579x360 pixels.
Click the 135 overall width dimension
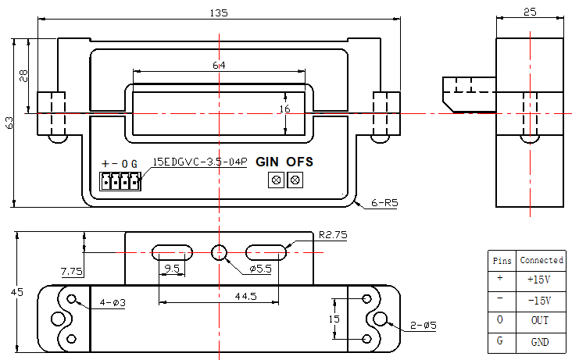[219, 13]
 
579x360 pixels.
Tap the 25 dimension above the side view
[530, 12]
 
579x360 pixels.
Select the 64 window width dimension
[219, 66]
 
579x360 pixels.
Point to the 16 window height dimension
[284, 109]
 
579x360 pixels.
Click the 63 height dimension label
[9, 123]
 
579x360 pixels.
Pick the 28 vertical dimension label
[23, 76]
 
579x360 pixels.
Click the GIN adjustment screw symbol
[276, 180]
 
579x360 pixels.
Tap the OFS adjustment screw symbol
[295, 180]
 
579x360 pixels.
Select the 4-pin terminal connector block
[120, 181]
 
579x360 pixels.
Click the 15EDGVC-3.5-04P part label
[200, 162]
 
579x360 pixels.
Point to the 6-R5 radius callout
[384, 203]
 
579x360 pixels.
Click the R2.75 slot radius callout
[333, 235]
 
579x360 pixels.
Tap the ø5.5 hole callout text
[260, 269]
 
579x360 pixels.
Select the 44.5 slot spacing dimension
[246, 296]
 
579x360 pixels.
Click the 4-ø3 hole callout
[113, 303]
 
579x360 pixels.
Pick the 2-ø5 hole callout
[424, 326]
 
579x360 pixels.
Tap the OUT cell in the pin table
[540, 320]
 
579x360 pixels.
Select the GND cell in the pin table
[540, 342]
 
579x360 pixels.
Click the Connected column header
[541, 260]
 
